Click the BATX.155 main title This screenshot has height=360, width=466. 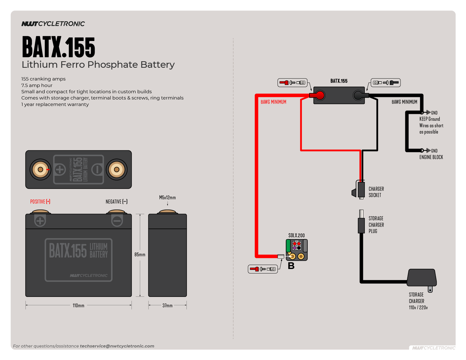click(58, 47)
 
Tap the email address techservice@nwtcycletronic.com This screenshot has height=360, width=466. click(117, 346)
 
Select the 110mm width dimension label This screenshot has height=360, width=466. click(78, 305)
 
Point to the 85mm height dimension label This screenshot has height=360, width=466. click(140, 255)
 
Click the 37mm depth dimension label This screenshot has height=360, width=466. click(167, 305)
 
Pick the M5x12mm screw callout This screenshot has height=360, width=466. click(167, 197)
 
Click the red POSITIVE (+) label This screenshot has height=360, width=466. click(40, 202)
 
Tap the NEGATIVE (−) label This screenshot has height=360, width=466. click(116, 202)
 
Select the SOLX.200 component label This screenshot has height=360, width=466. click(296, 235)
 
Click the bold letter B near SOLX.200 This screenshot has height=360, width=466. click(291, 266)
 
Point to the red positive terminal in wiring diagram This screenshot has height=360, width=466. click(320, 95)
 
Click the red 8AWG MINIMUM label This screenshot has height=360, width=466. click(273, 102)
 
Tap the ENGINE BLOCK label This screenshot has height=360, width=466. click(431, 157)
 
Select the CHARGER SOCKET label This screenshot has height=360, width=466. click(376, 192)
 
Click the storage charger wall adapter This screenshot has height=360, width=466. click(422, 278)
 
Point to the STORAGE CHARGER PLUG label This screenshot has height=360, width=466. click(376, 225)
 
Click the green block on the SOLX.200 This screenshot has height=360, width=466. click(288, 246)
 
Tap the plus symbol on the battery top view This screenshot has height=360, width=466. click(60, 169)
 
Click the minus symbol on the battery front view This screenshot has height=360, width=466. click(117, 221)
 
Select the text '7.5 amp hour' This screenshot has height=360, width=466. click(37, 85)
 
